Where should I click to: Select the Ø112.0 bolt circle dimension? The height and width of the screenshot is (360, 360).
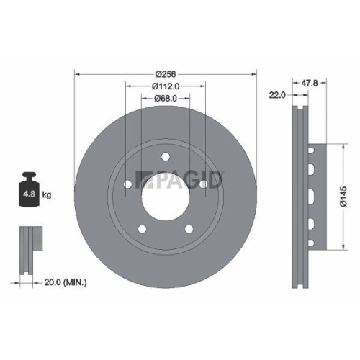(x=166, y=87)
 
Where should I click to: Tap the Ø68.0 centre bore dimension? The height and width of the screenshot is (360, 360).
(x=166, y=99)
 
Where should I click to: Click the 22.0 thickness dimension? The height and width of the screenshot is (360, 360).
(x=277, y=94)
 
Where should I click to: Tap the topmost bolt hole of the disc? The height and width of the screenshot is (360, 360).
(x=165, y=156)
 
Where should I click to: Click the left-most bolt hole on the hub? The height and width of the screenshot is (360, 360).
(x=128, y=185)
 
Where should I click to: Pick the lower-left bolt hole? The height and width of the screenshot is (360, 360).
(x=142, y=230)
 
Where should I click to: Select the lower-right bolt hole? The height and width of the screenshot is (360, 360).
(x=189, y=230)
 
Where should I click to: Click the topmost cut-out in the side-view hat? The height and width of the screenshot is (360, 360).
(x=311, y=151)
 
